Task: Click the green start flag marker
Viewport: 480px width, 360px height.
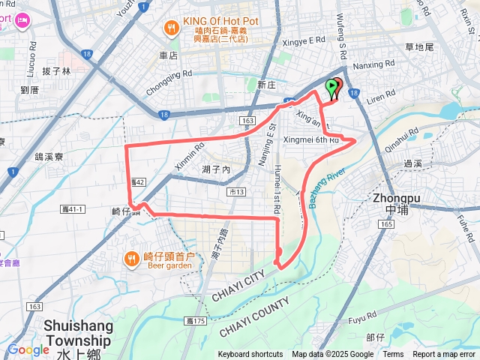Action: [x=331, y=88]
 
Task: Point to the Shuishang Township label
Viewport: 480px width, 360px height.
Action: [x=78, y=332]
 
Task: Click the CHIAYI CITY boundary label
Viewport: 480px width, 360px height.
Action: [x=235, y=285]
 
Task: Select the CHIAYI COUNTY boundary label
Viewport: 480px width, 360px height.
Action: [x=255, y=317]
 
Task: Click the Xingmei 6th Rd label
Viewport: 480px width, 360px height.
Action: [x=313, y=140]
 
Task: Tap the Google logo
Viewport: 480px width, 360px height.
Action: [x=28, y=349]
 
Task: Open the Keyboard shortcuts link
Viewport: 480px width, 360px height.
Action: [x=250, y=355]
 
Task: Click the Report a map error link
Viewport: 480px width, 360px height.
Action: [x=445, y=355]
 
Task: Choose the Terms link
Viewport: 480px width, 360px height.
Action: [x=393, y=355]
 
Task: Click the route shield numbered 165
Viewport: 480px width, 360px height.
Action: [x=386, y=224]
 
